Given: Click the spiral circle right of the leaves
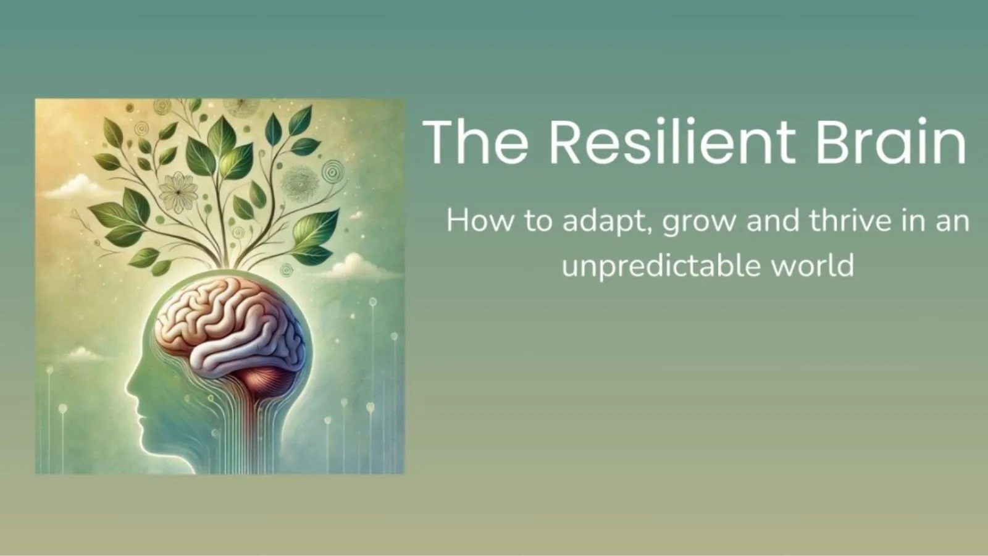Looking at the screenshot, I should point(334,169).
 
